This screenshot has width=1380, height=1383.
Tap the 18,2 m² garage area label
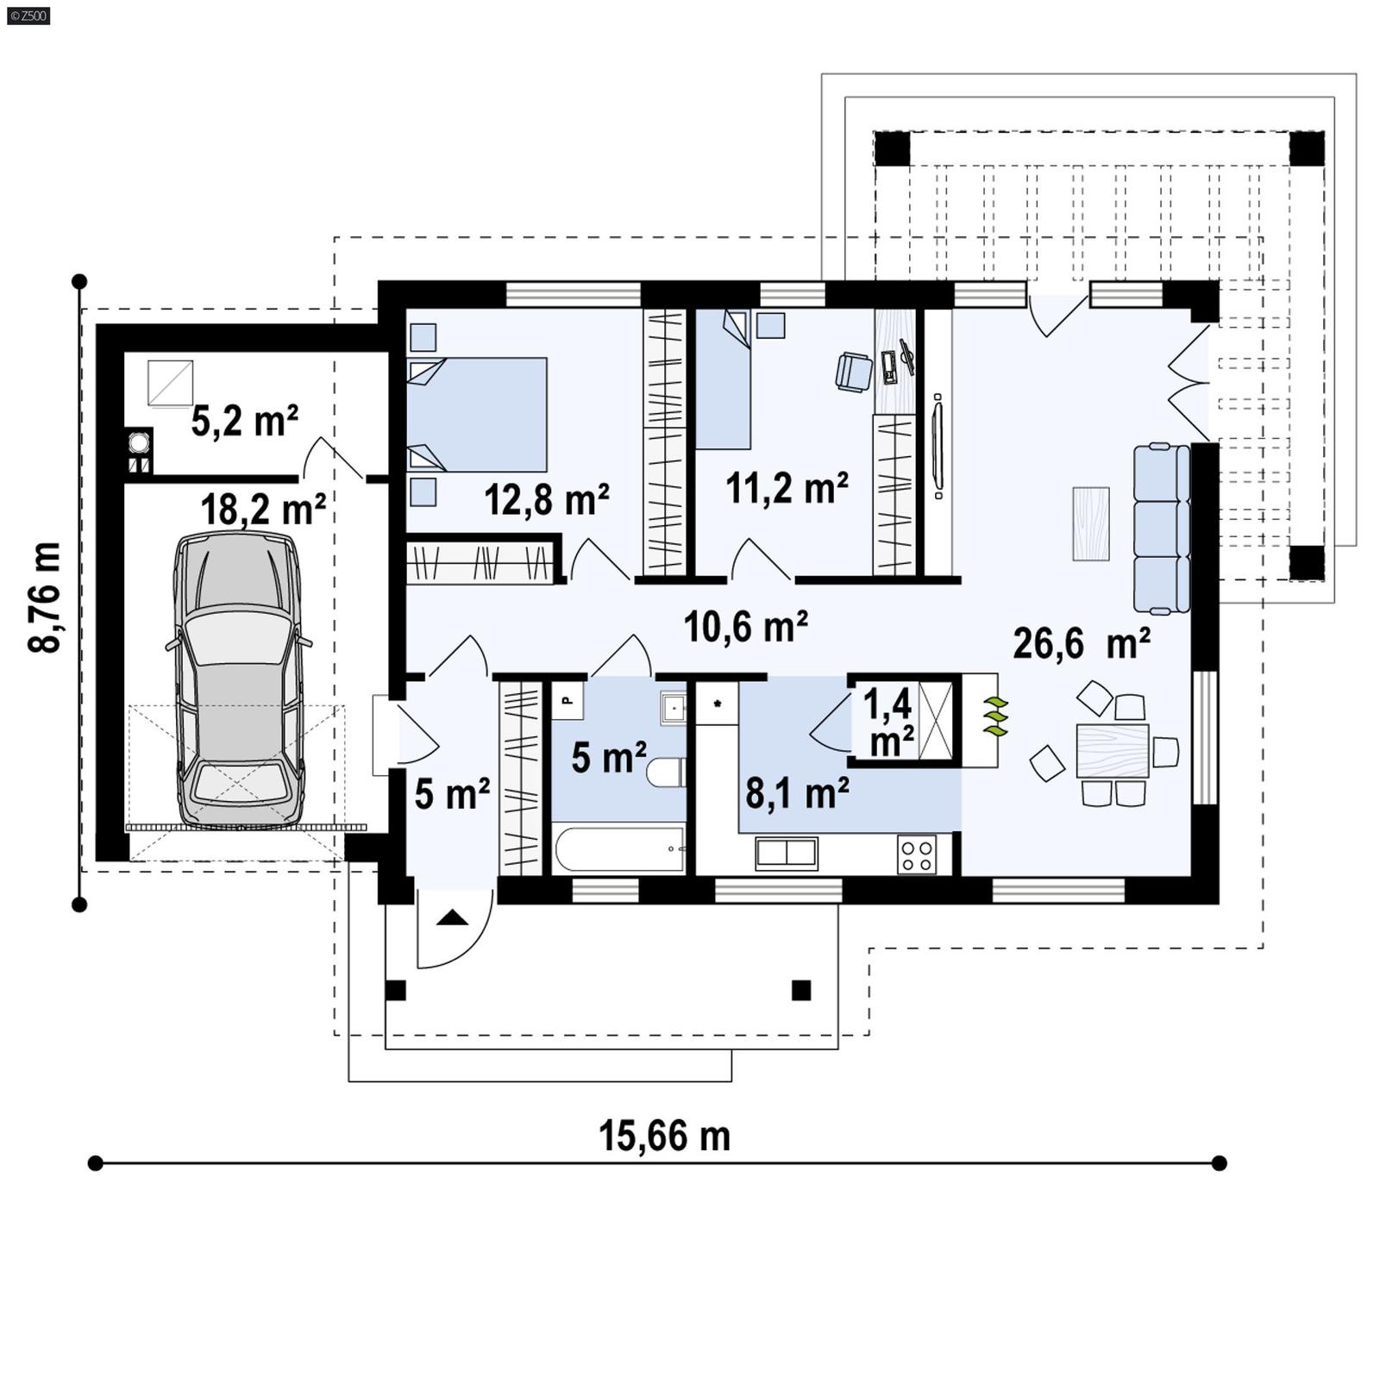click(x=262, y=510)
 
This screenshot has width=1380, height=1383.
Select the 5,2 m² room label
click(x=244, y=422)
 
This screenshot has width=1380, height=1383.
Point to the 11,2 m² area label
click(x=787, y=488)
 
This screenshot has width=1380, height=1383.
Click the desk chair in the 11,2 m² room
click(x=854, y=372)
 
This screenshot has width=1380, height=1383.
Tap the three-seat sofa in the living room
click(x=1161, y=528)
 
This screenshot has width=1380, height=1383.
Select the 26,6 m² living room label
click(x=1081, y=643)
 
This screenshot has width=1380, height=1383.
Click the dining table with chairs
click(x=1113, y=751)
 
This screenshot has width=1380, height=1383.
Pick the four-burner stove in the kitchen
click(x=916, y=854)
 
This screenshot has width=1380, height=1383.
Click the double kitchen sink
click(x=786, y=853)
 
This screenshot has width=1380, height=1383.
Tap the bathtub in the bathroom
click(x=619, y=849)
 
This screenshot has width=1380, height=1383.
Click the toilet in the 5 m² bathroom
click(x=666, y=773)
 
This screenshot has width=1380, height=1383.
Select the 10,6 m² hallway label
click(x=745, y=627)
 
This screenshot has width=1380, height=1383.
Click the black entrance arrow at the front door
click(x=452, y=918)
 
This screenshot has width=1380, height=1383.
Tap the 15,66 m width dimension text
click(x=664, y=1136)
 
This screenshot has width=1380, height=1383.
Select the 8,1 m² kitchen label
click(x=797, y=792)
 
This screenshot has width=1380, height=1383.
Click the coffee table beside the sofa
click(x=1091, y=523)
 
